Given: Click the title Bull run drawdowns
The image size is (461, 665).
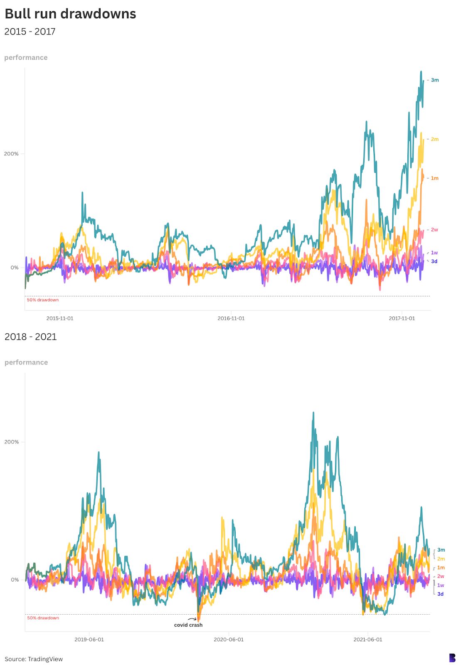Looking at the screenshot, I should tap(70, 14).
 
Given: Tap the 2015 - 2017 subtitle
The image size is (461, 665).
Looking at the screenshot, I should tap(30, 32).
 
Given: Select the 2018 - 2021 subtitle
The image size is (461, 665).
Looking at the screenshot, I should tap(30, 337).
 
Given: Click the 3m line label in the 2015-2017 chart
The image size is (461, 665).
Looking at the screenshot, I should tap(435, 80).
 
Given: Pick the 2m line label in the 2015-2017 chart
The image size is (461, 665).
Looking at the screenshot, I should tap(435, 139).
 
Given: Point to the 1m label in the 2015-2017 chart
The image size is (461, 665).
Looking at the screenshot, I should tap(434, 178).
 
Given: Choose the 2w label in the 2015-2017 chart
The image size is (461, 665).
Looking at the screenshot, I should tap(434, 230).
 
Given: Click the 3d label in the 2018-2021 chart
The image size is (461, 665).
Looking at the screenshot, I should tap(440, 594).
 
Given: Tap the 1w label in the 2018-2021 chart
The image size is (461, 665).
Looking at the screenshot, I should tap(441, 585).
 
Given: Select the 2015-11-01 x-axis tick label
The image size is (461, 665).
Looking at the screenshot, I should tap(60, 318).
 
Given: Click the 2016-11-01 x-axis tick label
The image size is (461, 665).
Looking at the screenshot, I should tap(231, 318).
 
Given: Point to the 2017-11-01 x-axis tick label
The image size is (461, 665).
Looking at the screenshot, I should tap(402, 318).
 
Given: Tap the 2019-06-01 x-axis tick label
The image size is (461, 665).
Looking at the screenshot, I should tap(89, 639).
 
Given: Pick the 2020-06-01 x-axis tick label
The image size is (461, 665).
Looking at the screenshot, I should tap(229, 639).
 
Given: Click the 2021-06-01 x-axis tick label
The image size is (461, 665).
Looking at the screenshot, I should tap(368, 639).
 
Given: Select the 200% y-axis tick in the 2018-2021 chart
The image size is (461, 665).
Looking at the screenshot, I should tap(12, 442).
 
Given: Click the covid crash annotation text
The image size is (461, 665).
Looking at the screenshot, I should tap(188, 625).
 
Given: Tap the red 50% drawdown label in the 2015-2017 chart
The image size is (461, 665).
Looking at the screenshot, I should tap(43, 300).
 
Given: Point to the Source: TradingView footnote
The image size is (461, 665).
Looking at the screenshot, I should tap(34, 659).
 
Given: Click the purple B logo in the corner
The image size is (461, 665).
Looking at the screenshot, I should tap(452, 658).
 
